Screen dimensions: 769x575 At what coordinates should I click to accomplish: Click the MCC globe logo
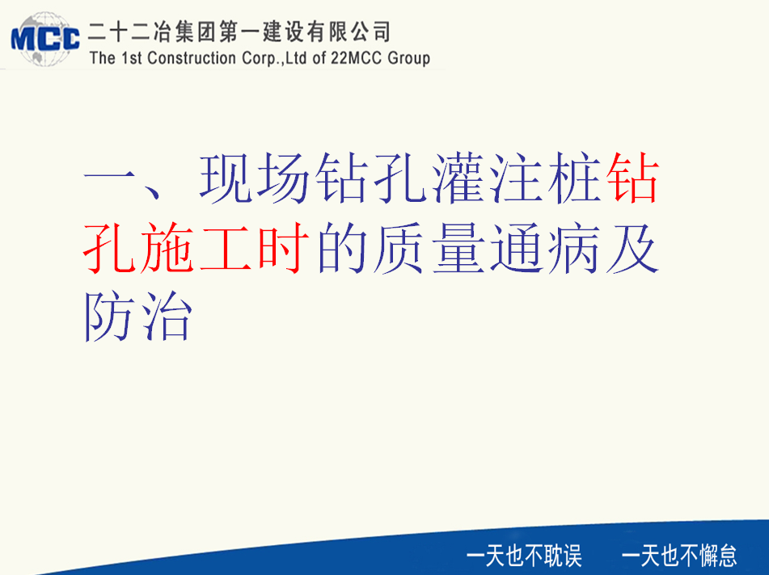click(45, 39)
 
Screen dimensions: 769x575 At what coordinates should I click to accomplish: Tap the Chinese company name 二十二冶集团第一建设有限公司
click(239, 32)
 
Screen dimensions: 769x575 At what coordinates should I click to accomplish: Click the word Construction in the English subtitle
click(192, 58)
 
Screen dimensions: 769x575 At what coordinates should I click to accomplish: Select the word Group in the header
click(409, 58)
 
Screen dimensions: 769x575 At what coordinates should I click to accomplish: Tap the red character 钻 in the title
click(632, 178)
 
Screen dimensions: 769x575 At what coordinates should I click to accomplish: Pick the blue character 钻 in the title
click(342, 178)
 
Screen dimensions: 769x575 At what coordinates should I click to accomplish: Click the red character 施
click(167, 247)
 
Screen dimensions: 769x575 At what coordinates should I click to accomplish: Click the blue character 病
click(574, 247)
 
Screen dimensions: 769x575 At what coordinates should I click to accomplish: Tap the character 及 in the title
click(632, 247)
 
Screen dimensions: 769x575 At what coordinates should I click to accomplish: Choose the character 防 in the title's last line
click(109, 317)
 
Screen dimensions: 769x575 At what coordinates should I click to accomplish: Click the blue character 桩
click(575, 178)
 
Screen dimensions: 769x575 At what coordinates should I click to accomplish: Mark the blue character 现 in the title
click(226, 178)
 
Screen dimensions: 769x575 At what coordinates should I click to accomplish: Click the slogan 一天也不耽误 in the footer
click(524, 556)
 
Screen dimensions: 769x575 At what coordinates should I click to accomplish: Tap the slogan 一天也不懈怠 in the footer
click(679, 556)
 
